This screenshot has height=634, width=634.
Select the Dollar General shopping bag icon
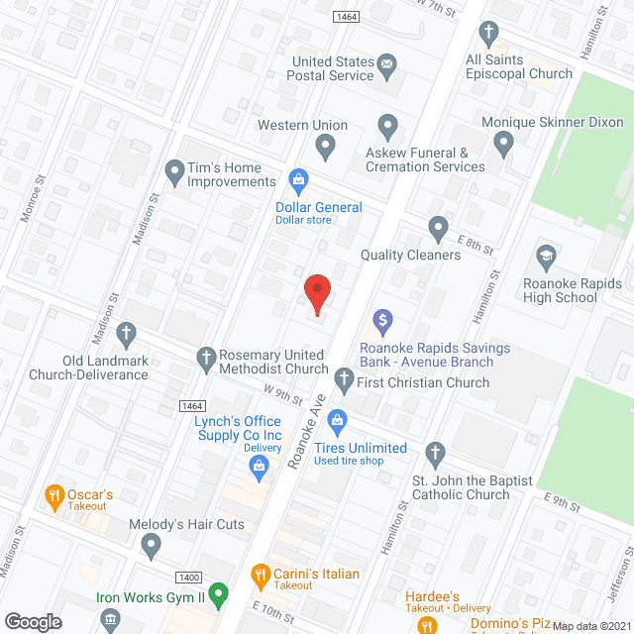(x=296, y=179)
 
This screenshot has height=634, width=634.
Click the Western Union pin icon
(x=325, y=148)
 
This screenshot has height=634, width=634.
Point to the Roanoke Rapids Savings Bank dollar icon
(x=383, y=322)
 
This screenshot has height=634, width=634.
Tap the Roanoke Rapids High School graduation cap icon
(x=545, y=258)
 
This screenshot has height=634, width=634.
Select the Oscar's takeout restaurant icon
(x=55, y=494)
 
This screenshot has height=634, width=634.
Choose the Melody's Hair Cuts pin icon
(x=151, y=544)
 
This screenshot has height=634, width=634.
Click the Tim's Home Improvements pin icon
(x=174, y=170)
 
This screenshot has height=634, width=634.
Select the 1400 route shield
(x=190, y=577)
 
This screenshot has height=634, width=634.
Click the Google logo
(x=33, y=621)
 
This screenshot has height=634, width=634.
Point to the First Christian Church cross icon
(x=344, y=378)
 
